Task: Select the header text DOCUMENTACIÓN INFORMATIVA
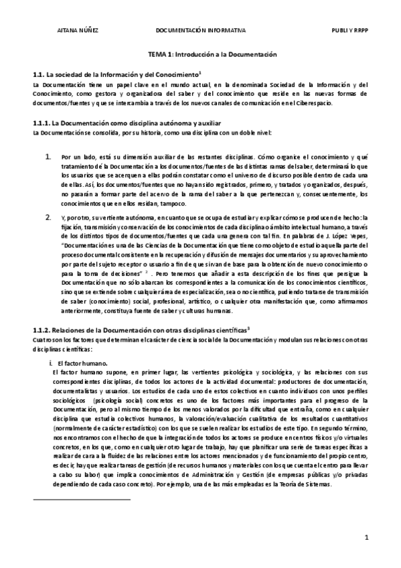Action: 201,31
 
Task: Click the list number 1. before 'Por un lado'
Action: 48,156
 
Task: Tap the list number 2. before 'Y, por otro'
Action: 48,218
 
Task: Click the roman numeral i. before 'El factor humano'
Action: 42,362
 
